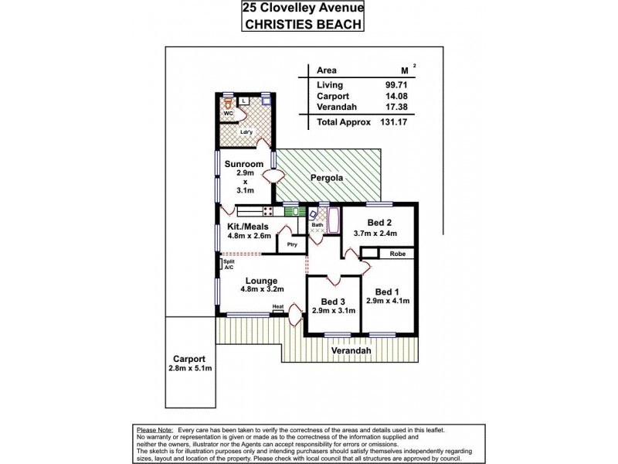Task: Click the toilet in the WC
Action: tap(228, 102)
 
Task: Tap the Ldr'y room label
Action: tap(246, 131)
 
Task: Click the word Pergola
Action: tap(328, 178)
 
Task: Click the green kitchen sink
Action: tap(291, 210)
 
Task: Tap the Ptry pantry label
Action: tap(291, 244)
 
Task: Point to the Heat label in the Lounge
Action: tap(277, 307)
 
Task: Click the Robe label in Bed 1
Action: tap(397, 253)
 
